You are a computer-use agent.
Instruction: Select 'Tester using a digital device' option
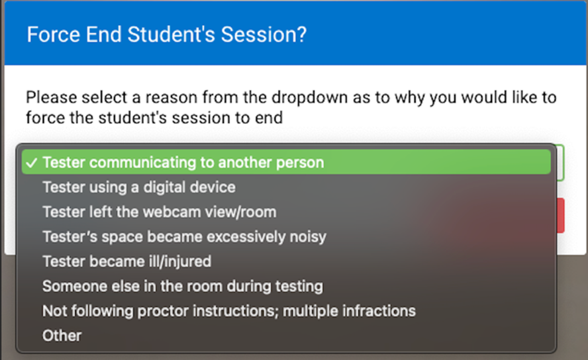click(139, 187)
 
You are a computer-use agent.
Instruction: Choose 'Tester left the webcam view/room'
click(160, 212)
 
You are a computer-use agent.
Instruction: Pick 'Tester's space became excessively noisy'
click(184, 237)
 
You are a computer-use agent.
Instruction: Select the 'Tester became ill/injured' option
click(126, 261)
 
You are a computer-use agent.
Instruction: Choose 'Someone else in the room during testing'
click(183, 286)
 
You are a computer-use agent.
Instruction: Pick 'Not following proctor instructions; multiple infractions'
click(229, 311)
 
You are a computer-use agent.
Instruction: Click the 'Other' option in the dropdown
click(62, 336)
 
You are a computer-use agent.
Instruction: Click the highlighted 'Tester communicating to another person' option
click(183, 163)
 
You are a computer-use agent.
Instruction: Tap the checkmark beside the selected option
click(32, 163)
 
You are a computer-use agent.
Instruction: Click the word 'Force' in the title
click(53, 34)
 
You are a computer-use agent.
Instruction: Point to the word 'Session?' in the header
click(264, 34)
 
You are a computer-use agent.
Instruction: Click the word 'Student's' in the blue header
click(171, 34)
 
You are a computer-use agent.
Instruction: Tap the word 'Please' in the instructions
click(51, 97)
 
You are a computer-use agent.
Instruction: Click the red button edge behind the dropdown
click(560, 215)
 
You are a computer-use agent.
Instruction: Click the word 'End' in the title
click(103, 34)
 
